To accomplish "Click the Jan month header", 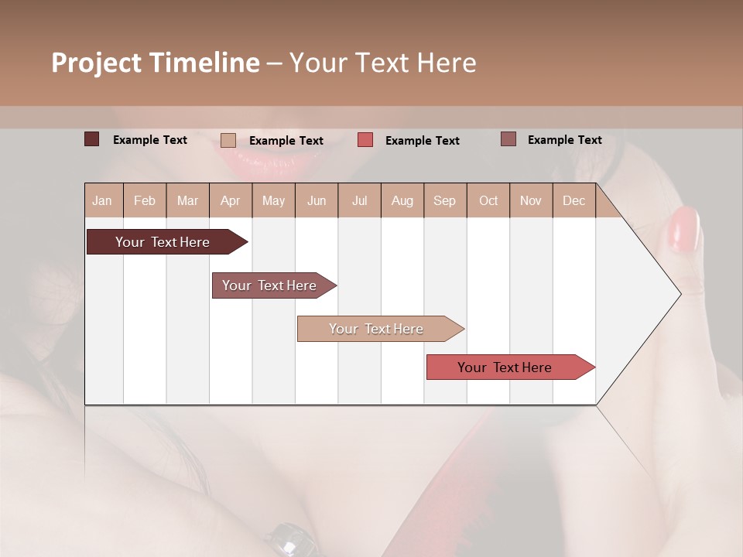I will click(x=103, y=200).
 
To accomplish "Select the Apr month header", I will click(x=231, y=200).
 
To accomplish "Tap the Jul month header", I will click(x=359, y=200).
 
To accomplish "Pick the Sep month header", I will click(x=444, y=200).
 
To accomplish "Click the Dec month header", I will click(x=574, y=200).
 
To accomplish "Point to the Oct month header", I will click(x=488, y=200).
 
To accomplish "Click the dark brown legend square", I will click(x=91, y=139).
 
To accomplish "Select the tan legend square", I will click(x=228, y=140).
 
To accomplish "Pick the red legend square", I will click(x=365, y=140).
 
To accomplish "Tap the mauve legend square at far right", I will click(x=508, y=139).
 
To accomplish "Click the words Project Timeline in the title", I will click(x=155, y=63).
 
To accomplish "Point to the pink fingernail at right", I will click(x=683, y=229).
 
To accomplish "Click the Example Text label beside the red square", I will click(x=422, y=141).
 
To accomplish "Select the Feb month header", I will click(x=145, y=200).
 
